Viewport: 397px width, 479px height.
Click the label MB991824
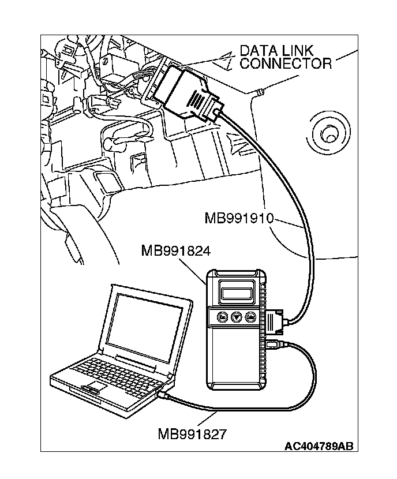[175, 251]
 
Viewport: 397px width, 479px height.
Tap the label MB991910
[238, 219]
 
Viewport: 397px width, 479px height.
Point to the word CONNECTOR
[286, 63]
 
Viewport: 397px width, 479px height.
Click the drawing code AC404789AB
[318, 447]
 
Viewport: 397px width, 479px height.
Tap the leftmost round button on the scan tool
[222, 317]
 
